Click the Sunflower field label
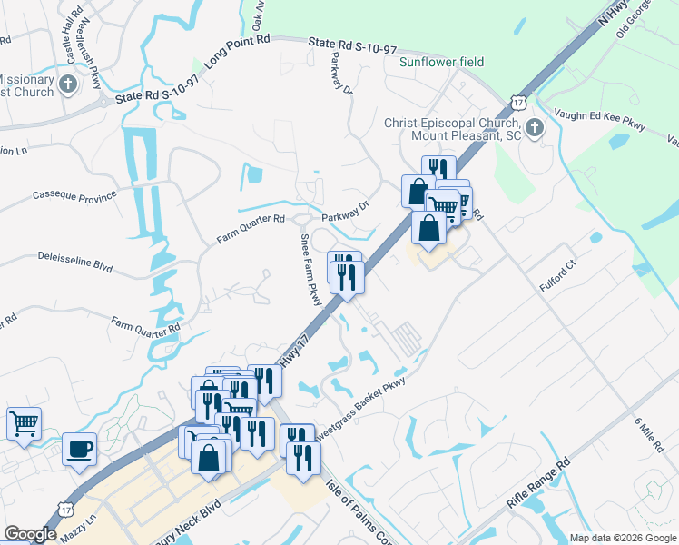[x=441, y=62]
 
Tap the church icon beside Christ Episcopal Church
[x=536, y=127]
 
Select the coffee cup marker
[x=79, y=449]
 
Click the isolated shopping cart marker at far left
[x=25, y=422]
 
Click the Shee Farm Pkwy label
[x=311, y=269]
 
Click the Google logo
[x=30, y=534]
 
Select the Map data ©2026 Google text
[x=622, y=538]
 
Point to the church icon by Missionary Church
[x=68, y=85]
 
